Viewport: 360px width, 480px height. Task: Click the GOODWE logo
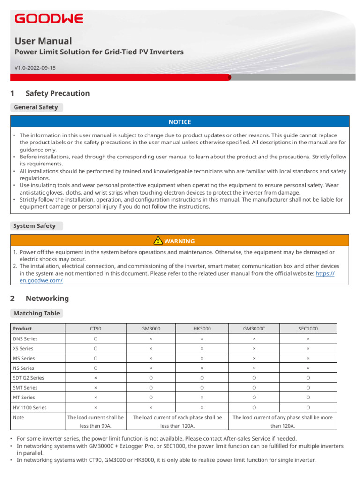(49, 19)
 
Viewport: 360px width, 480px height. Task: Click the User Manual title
(44, 41)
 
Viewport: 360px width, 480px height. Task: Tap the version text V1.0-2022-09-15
(35, 68)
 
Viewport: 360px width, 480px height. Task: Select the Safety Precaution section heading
(57, 93)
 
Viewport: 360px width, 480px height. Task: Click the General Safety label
(36, 107)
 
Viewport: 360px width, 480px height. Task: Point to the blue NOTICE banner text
(180, 122)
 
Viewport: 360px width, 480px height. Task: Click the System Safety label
(35, 226)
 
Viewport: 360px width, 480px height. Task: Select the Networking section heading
(47, 299)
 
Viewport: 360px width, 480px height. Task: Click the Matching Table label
(37, 313)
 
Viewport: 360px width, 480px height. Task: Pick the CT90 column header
(96, 329)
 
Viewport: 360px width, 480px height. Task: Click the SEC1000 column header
(308, 329)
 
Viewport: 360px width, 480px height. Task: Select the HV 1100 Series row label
(30, 408)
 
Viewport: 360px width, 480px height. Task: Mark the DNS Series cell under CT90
(96, 338)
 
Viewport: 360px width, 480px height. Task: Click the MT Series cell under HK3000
(202, 397)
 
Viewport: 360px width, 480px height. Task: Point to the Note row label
(19, 417)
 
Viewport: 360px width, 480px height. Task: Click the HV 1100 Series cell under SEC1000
(308, 408)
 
